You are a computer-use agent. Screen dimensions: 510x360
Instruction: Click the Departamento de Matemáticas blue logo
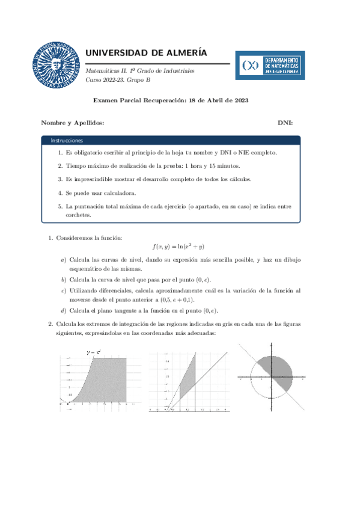point(270,65)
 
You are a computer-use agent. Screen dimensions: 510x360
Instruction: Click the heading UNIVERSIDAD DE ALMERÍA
point(147,52)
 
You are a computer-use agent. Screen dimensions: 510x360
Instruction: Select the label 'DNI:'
point(285,122)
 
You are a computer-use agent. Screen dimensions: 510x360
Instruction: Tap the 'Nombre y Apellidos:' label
point(72,122)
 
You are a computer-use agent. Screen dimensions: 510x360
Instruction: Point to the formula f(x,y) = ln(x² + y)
point(179,246)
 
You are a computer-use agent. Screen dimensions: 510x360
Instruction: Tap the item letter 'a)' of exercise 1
point(64,260)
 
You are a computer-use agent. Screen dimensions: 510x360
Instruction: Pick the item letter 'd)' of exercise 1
point(64,310)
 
